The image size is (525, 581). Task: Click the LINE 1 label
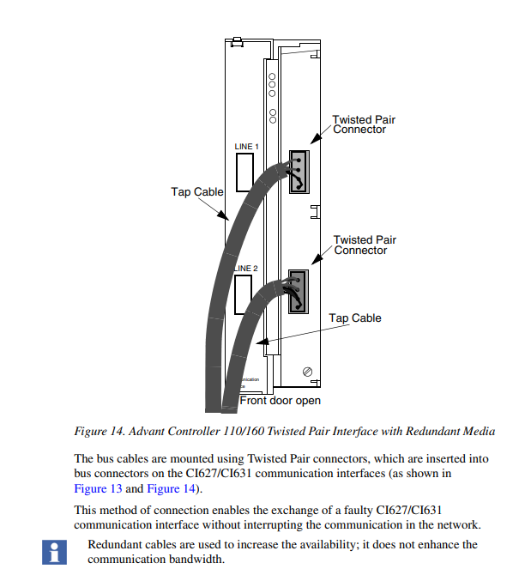(246, 147)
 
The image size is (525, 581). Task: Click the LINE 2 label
(246, 269)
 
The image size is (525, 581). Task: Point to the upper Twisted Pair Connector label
(364, 124)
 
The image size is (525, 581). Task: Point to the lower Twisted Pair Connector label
(365, 245)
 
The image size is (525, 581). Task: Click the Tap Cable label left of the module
(196, 191)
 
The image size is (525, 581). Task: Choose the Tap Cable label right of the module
(355, 318)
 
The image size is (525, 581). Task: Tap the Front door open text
(280, 400)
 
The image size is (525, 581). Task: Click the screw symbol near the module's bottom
(308, 372)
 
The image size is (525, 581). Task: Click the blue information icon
(54, 551)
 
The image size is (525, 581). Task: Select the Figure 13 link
(99, 489)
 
